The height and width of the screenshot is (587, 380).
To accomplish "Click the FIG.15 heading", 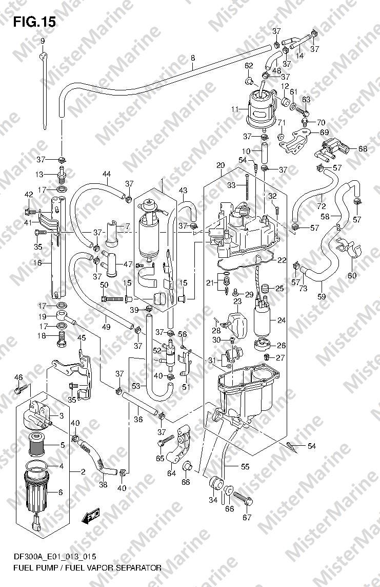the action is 34,23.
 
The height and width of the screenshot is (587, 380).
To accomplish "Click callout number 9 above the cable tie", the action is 42,41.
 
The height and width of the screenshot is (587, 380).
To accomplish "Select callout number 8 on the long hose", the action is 192,58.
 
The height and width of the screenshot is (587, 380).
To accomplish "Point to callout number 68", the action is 363,148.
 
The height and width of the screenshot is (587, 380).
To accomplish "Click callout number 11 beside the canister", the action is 235,109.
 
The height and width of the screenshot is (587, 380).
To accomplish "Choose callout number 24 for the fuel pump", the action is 282,320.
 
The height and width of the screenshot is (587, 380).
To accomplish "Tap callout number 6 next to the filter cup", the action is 61,493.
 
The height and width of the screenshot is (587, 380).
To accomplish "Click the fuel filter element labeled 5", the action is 36,444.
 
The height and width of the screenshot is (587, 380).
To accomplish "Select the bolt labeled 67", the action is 243,498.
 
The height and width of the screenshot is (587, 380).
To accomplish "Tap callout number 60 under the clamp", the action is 352,276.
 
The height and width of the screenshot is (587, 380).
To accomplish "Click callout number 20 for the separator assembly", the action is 221,165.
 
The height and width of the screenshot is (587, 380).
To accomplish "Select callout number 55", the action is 245,466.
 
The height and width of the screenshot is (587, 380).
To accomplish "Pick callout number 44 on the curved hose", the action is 107,174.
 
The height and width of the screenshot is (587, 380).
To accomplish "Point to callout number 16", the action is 37,263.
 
